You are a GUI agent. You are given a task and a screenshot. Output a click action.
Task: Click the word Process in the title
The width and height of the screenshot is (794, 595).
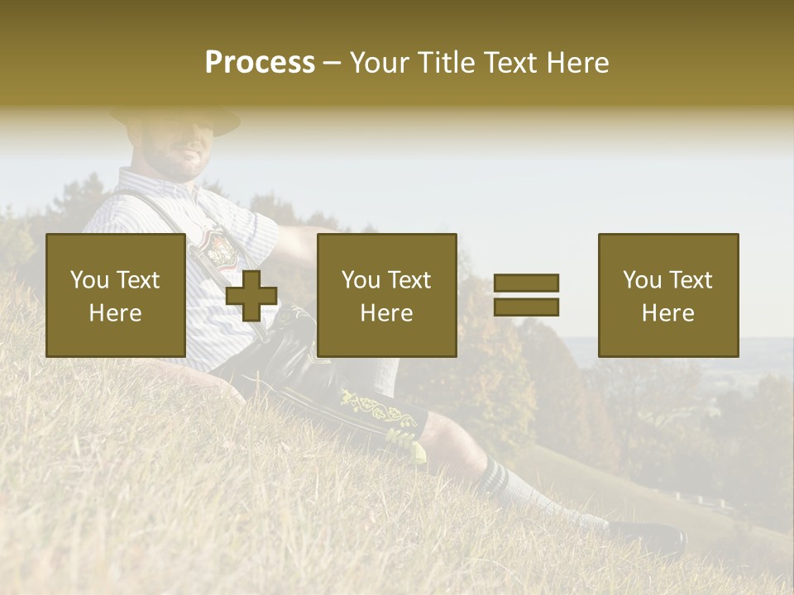[260, 63]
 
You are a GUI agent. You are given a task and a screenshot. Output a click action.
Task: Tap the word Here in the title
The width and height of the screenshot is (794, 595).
[576, 63]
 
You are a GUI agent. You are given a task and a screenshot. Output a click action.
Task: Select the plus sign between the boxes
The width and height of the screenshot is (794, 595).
[251, 295]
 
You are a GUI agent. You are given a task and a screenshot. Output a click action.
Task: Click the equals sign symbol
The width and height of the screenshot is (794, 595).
[526, 295]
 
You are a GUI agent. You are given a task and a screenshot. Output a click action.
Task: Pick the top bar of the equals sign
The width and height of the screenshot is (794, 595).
[526, 283]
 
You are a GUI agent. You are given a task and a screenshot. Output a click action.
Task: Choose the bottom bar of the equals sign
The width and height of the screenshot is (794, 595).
[526, 307]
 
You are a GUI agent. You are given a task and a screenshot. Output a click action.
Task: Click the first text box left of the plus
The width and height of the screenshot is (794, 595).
[116, 295]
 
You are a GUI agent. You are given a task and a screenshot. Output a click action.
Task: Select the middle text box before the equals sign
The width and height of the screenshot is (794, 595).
[387, 295]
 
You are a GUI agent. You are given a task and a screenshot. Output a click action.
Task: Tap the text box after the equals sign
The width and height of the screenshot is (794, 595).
[668, 295]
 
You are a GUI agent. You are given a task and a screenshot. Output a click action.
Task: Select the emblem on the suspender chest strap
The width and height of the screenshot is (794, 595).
[219, 248]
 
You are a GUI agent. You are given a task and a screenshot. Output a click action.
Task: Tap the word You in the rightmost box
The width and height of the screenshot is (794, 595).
[642, 280]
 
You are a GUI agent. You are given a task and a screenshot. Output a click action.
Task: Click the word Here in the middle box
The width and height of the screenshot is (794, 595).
[387, 312]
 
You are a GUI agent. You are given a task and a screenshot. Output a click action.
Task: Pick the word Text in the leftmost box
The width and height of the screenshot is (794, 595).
[137, 280]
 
